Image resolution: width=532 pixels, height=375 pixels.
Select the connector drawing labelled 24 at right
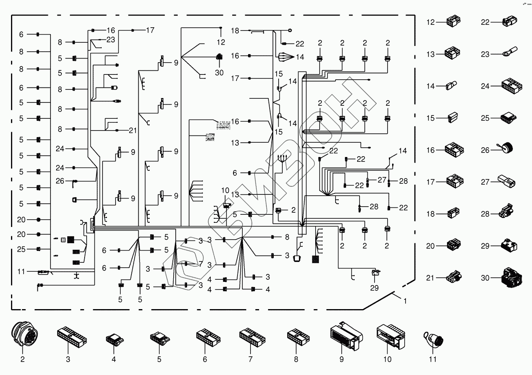(x=510, y=86)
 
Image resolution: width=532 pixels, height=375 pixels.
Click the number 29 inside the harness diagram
(x=374, y=288)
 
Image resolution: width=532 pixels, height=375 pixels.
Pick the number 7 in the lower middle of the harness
(x=200, y=264)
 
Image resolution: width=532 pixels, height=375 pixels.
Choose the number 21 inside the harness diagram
(x=133, y=130)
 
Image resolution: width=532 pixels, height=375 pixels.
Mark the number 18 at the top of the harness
(x=235, y=31)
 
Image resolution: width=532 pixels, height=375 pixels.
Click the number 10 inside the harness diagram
(x=225, y=190)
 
